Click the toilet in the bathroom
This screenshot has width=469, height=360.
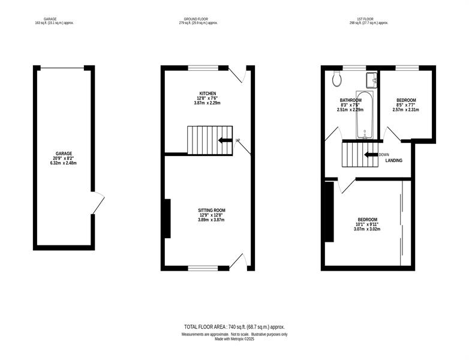pos(337,79)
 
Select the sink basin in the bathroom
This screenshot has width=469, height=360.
pos(371,80)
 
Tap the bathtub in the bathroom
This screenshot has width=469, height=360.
pos(365,115)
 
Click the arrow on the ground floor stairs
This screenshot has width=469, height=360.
pos(225,140)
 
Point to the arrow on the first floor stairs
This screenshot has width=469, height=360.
pos(371,155)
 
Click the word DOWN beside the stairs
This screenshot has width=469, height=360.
pos(384,155)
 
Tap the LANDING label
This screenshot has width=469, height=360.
pos(393,160)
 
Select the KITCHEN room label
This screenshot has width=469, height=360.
pos(208,94)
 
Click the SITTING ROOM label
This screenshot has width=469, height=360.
pos(212,211)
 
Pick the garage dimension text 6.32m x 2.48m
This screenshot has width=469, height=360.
pos(64,163)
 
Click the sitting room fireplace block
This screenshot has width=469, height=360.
pos(167,218)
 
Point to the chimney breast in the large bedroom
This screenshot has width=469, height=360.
pos(329,212)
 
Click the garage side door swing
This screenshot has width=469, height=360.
pos(98,203)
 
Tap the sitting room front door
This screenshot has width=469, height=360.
pos(238,261)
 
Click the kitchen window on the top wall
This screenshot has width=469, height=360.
pos(203,68)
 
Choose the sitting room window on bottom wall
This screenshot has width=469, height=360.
pos(203,268)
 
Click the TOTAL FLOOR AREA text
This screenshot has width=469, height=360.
pos(235,327)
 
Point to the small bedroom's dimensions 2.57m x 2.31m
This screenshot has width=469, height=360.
pos(405,110)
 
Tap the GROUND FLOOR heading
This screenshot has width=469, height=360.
pos(196,19)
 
